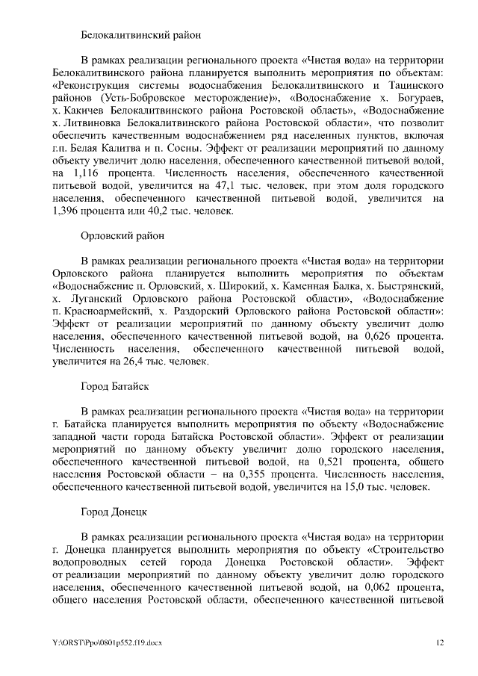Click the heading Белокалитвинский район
pos(140,34)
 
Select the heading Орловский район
pos(122,236)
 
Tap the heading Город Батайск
pos(115,387)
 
